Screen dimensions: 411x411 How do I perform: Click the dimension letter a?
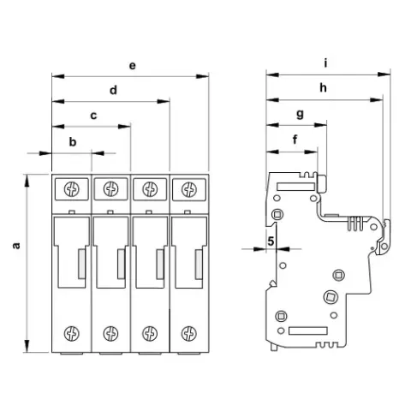[x=16, y=246]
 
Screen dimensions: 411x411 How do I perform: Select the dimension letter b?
[x=73, y=141]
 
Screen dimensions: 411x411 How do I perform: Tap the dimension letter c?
[x=93, y=116]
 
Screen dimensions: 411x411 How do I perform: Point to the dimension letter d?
[x=113, y=90]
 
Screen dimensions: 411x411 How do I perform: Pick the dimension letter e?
[x=133, y=66]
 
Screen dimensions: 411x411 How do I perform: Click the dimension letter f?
[x=295, y=140]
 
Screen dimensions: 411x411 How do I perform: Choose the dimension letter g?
[x=300, y=115]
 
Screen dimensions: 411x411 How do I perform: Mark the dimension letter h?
[x=323, y=88]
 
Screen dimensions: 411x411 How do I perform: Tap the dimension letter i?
[x=325, y=63]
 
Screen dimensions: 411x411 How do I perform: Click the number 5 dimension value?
[x=271, y=241]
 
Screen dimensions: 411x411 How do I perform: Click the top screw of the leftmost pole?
[x=72, y=189]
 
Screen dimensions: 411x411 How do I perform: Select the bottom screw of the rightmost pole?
[x=189, y=333]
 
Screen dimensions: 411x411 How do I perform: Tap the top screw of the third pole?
[x=150, y=189]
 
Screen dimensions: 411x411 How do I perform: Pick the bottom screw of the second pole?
[x=110, y=333]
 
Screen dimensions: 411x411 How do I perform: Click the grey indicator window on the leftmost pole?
[x=82, y=264]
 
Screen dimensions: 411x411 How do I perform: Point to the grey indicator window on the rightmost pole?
[x=199, y=264]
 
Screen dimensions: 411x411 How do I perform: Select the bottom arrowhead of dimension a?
[x=27, y=346]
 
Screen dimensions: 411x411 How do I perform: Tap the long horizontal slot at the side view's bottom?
[x=308, y=331]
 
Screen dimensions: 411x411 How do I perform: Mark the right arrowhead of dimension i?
[x=384, y=74]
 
